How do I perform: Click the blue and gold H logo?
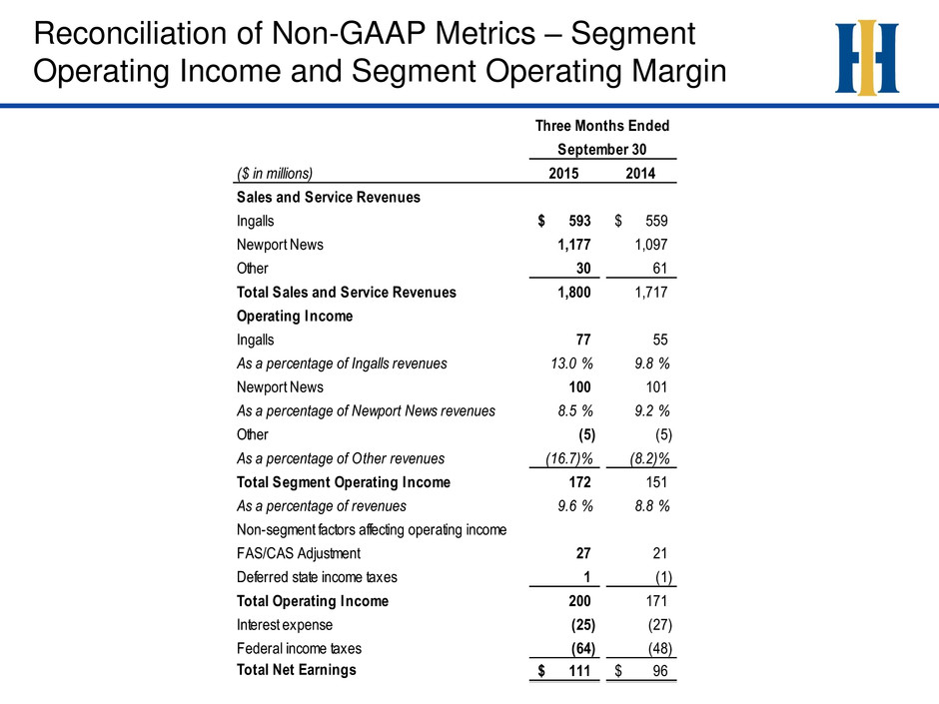(866, 58)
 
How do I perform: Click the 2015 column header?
(563, 174)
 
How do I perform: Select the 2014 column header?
(640, 174)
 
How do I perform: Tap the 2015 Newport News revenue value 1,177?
(573, 245)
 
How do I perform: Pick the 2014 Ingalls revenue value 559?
(656, 221)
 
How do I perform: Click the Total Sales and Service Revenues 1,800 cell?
(573, 293)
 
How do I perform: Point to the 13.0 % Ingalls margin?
(572, 363)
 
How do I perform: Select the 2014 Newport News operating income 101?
(656, 387)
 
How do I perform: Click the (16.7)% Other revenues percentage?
(569, 458)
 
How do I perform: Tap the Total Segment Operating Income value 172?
(579, 482)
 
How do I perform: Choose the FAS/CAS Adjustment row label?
(299, 554)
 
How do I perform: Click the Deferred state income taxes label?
(317, 577)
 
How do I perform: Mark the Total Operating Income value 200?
(579, 601)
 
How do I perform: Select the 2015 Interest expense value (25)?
(583, 625)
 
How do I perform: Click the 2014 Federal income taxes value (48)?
(660, 648)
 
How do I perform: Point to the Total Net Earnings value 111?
(579, 671)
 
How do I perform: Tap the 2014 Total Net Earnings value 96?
(660, 671)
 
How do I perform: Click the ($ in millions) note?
(275, 174)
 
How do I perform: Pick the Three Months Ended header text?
(601, 126)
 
